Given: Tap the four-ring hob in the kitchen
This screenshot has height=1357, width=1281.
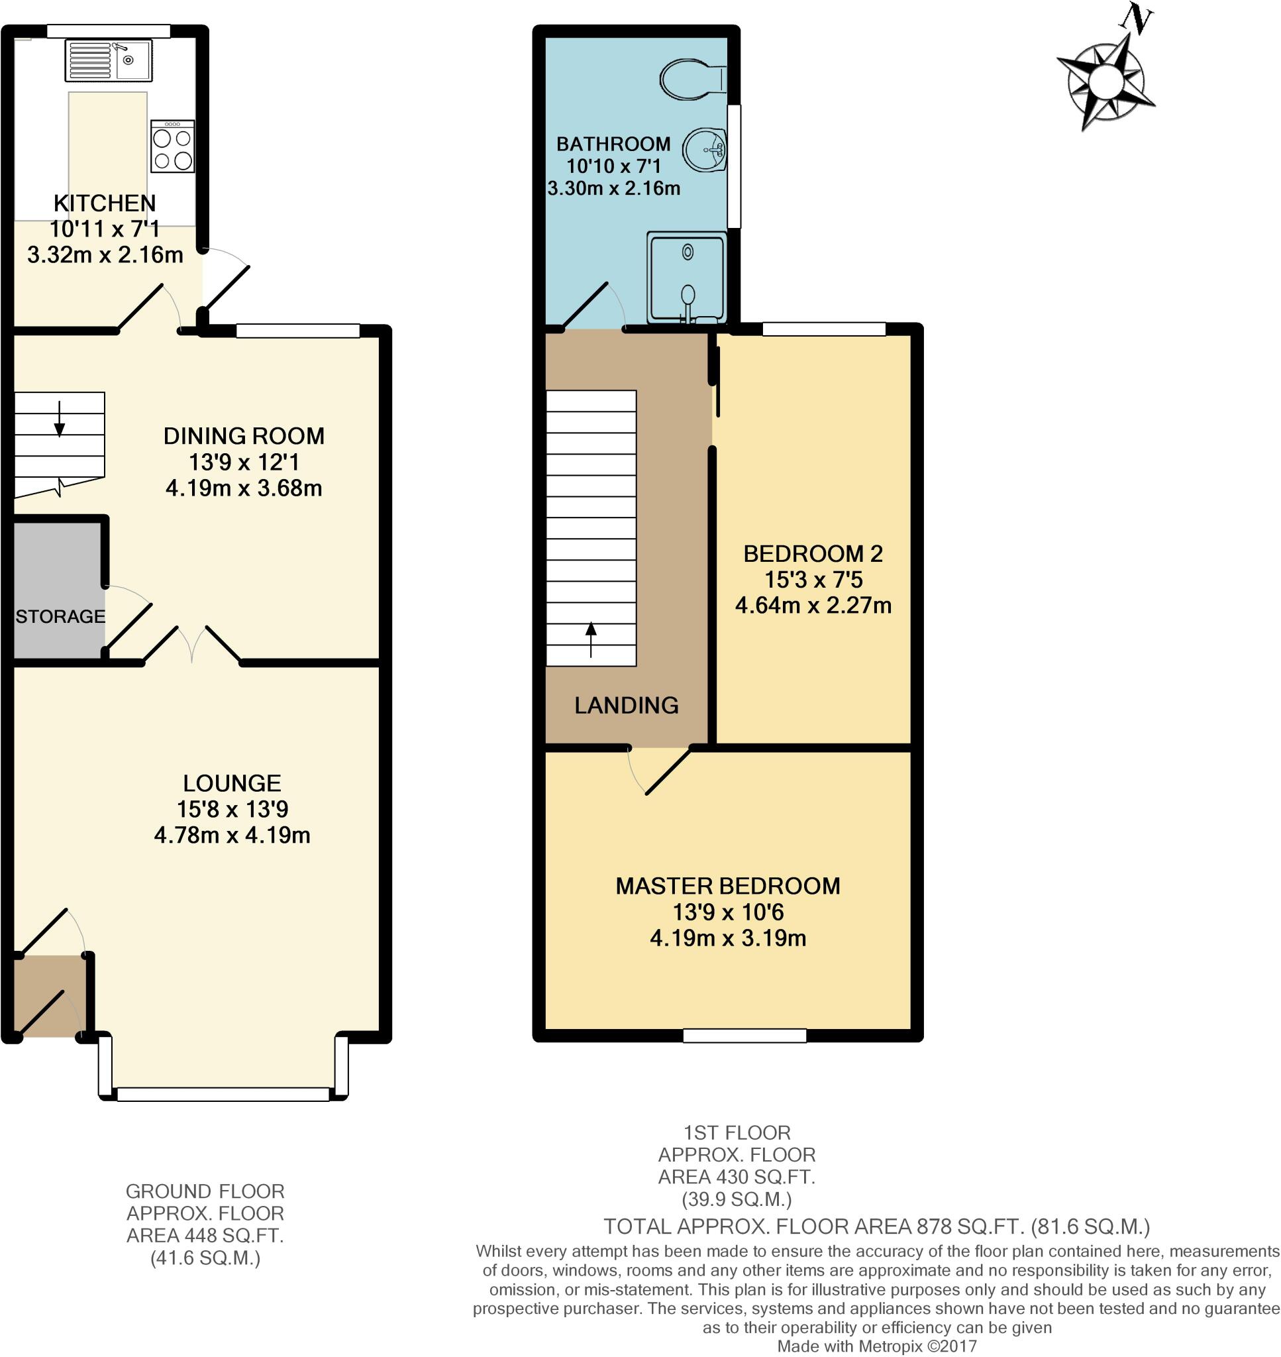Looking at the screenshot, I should coord(172,147).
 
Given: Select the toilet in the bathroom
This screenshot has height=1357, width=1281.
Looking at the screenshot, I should coord(692,80).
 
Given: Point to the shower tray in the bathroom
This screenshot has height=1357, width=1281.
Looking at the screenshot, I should coord(686,276).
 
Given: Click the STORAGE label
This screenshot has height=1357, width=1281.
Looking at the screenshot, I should coord(60,617).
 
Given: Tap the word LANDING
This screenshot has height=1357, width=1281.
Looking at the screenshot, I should coord(626,705).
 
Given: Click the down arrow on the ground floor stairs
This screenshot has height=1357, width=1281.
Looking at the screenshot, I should coord(60,419).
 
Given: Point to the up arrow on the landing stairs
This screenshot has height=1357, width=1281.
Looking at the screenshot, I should coord(591,639).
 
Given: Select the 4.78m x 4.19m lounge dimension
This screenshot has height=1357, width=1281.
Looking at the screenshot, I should coord(232,836).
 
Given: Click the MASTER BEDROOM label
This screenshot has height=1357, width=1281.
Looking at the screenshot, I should coord(728,886).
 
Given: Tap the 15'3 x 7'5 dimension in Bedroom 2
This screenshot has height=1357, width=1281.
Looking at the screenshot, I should coord(813,580).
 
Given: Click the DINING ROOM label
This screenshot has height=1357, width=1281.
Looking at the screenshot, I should coord(244,436).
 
